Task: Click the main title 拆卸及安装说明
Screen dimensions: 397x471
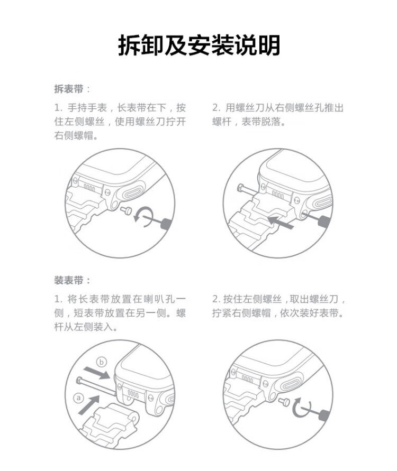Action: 199,45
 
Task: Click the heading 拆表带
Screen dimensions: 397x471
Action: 69,89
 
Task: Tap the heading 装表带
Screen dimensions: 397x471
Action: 69,280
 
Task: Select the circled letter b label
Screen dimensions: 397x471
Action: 101,362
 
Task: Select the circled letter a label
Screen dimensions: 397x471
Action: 79,398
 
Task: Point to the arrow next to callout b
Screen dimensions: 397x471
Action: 97,373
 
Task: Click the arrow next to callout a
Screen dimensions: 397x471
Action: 89,404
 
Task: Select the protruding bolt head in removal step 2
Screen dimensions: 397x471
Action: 241,188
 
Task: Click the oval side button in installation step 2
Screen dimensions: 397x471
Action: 292,382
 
